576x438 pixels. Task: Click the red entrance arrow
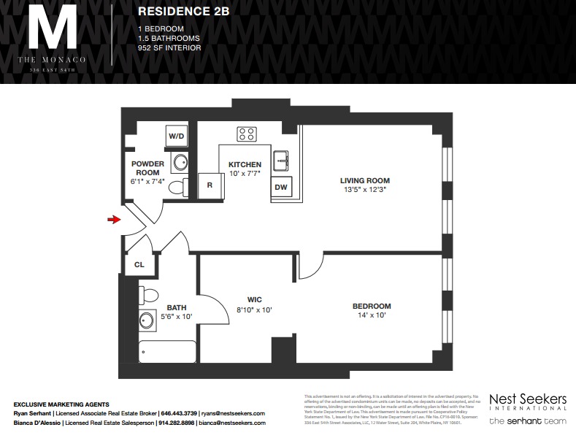(113, 219)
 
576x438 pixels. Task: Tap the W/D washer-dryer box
(176, 136)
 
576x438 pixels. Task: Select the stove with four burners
(246, 134)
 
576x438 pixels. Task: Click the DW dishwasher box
(280, 187)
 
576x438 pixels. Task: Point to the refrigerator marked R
(210, 185)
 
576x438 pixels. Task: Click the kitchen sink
(280, 160)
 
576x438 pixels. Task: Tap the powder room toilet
(177, 188)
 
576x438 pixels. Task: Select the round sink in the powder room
(180, 161)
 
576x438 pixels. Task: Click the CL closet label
(139, 265)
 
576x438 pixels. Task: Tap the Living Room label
(364, 180)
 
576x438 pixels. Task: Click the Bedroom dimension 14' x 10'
(371, 315)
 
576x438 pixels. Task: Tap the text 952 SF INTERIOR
(169, 48)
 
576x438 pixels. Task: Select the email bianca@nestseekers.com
(231, 423)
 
